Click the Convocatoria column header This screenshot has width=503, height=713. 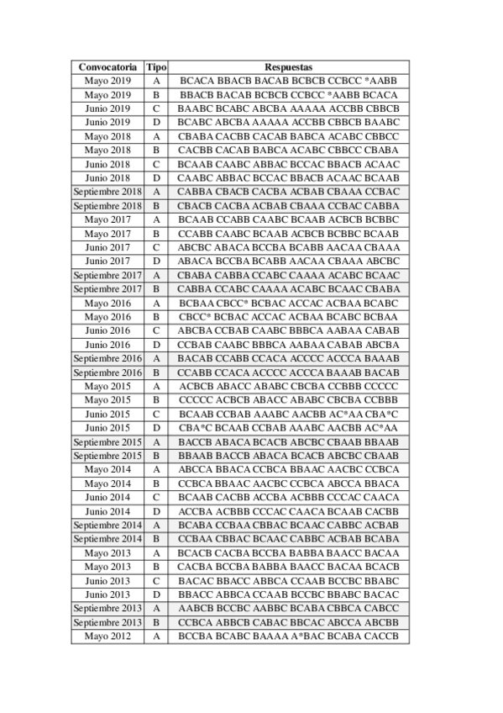coord(107,66)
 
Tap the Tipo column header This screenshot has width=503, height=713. coord(156,66)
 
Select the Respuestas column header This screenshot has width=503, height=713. coord(288,66)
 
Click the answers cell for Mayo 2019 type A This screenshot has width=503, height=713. coord(288,81)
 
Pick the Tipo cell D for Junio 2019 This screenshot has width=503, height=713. coord(156,122)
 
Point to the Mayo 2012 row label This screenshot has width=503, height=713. coord(107,636)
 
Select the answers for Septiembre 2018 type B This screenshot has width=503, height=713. coord(288,206)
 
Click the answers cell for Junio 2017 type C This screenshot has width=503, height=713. coord(288,247)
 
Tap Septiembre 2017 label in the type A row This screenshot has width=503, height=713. coord(107,275)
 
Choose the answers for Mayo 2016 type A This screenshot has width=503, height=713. coord(288,303)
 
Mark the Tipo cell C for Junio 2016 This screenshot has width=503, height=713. coord(156,330)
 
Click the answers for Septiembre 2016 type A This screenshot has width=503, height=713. coord(288,358)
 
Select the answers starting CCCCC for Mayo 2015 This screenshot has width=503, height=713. coord(288,400)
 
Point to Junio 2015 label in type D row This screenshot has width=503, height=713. coord(107,428)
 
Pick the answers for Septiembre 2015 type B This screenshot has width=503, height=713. coord(288,456)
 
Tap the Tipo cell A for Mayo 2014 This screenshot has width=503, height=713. coord(156,469)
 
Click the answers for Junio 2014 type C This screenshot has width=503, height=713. coord(288,497)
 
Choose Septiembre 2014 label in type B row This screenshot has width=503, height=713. coord(107,539)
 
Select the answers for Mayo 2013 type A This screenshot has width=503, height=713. coord(288,553)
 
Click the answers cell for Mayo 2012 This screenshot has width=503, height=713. coord(288,636)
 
